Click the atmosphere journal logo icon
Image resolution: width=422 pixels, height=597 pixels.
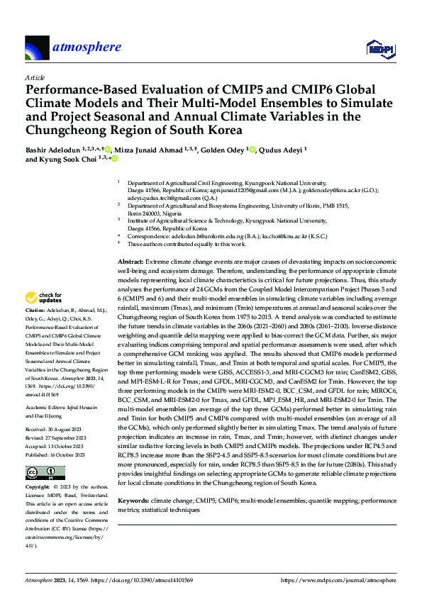(x=37, y=48)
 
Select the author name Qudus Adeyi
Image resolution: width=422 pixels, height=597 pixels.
(x=284, y=150)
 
